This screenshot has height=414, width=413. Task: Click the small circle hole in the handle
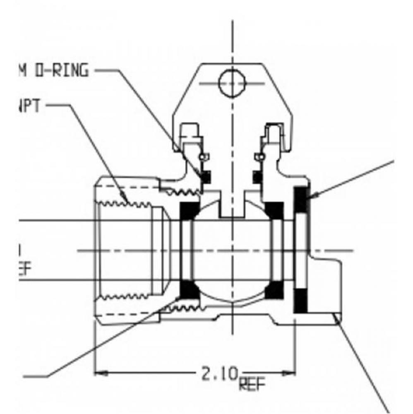click(231, 83)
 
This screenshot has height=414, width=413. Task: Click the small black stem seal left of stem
click(206, 177)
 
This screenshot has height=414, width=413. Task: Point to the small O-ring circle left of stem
click(202, 157)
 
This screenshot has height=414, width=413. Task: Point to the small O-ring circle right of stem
click(260, 157)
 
